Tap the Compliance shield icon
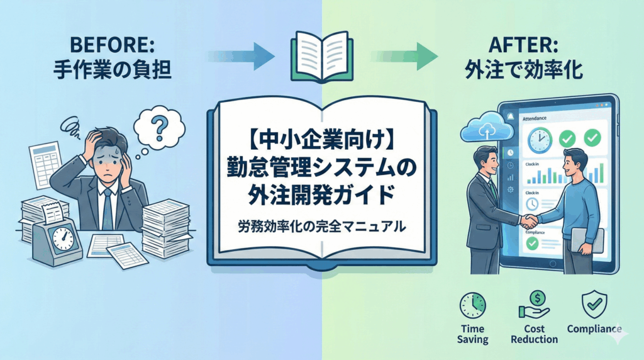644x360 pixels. point(594,304)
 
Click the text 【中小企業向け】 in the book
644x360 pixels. point(322,137)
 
